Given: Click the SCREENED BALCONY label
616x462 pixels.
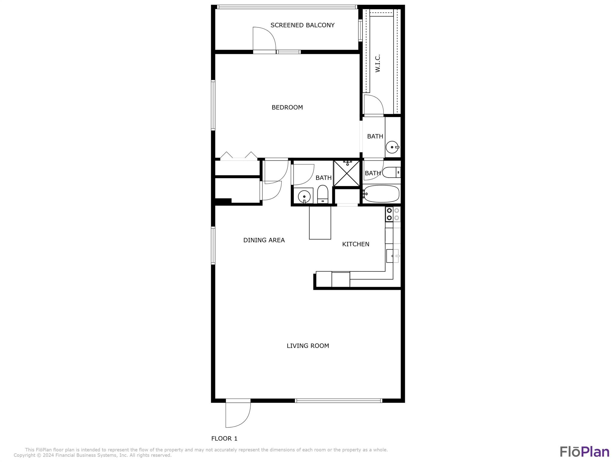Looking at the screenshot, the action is (302, 25).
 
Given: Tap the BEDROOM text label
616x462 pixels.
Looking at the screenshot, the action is (287, 107).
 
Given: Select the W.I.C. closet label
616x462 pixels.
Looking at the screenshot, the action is (378, 63).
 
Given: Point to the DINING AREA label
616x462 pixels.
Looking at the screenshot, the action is (264, 240).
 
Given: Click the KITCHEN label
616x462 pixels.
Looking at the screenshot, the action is (356, 244).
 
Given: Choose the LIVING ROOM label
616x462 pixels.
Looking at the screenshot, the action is (308, 346).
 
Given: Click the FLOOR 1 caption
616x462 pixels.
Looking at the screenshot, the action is (224, 439).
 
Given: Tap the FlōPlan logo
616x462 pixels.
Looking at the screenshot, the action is (584, 451).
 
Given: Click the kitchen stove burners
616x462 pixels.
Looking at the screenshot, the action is (393, 214).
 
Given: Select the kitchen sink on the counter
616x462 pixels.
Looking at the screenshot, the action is (393, 256).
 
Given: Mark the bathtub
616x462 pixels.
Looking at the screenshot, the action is (381, 194).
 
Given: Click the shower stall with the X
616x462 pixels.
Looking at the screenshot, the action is (346, 173).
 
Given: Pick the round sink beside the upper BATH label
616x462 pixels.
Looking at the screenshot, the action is (392, 147).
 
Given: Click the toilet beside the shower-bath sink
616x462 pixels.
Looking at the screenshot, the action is (323, 195).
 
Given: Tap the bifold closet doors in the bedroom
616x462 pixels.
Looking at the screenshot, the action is (239, 156).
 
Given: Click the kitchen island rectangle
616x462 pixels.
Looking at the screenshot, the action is (320, 223).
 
